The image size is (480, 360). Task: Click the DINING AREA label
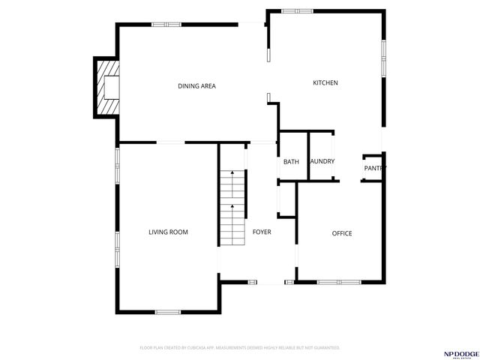point(196,86)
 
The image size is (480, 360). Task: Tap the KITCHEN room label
point(325,82)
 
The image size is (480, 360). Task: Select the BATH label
point(291,161)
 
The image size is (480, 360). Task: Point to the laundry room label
point(322,161)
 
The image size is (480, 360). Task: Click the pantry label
point(375,168)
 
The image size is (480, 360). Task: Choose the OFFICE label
point(342,233)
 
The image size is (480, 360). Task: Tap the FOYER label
point(262,232)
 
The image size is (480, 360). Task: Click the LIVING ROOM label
point(168,232)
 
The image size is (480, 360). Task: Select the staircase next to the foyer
point(233,207)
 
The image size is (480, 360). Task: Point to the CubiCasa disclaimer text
point(240,348)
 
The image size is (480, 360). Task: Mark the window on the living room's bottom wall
point(167,312)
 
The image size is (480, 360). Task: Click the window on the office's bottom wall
point(339,282)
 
